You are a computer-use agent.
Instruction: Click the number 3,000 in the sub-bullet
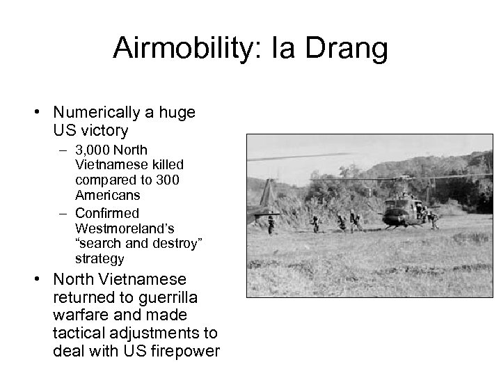pos(93,150)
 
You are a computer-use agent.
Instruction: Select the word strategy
pos(100,259)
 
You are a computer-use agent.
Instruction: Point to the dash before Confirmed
pos(63,213)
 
